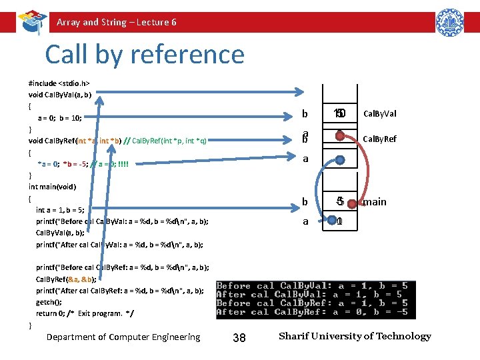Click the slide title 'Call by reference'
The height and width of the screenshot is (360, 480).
pos(145,55)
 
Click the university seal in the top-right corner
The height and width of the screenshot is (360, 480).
pos(449,23)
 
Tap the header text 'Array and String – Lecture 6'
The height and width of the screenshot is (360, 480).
pos(117,22)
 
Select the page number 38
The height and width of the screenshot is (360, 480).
pos(239,338)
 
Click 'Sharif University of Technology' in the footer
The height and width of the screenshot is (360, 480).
pos(355,336)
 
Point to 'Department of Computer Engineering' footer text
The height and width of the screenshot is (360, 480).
pos(123,337)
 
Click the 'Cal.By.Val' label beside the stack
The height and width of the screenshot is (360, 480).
pos(381,114)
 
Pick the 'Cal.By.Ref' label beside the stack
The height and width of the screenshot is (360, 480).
pos(381,139)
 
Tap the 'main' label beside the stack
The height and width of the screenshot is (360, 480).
pos(374,201)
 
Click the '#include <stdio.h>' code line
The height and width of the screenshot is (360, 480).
pos(59,84)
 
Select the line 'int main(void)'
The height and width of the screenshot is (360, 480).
pos(52,187)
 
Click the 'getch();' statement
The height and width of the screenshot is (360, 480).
pos(48,302)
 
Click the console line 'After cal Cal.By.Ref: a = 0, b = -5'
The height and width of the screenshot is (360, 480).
pos(312,311)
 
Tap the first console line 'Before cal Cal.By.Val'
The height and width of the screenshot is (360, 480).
pos(312,285)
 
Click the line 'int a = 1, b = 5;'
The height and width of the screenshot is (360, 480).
pos(60,209)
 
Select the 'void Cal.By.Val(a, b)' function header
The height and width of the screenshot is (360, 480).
pos(60,95)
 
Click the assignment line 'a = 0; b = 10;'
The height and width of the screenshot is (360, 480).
pos(59,117)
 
